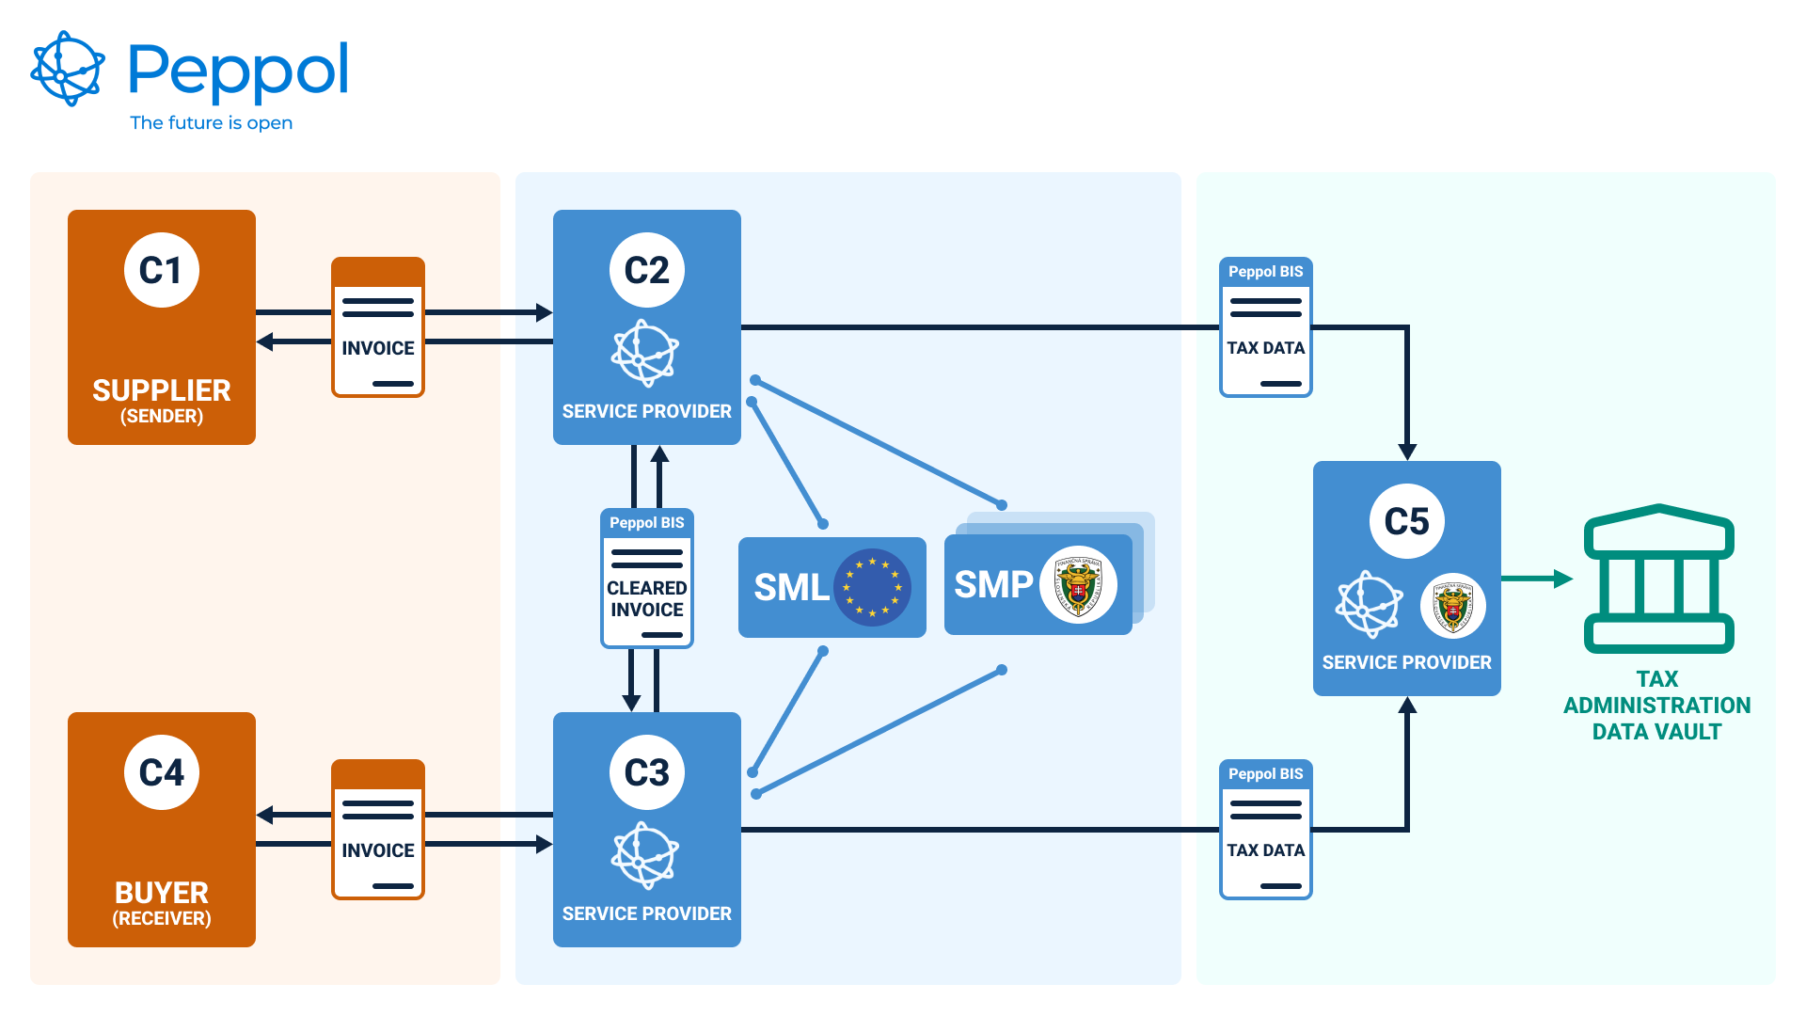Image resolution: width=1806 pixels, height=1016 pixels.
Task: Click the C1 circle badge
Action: [x=162, y=270]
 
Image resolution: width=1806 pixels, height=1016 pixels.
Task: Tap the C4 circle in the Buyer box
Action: [x=162, y=772]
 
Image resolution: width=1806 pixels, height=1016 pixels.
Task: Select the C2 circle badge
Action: [x=647, y=270]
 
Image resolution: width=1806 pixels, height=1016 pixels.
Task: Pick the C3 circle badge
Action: [x=647, y=772]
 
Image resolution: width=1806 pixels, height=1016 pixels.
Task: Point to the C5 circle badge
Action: [x=1407, y=521]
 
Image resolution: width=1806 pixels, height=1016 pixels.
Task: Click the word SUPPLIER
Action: [x=162, y=390]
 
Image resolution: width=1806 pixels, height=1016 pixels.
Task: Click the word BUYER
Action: [x=162, y=893]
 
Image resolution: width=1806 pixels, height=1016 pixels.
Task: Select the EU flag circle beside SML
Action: [x=872, y=587]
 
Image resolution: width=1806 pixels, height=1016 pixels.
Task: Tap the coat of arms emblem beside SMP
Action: [x=1078, y=585]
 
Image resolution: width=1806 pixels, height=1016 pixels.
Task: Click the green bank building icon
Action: [x=1659, y=579]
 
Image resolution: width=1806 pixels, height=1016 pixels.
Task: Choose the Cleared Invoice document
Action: [x=647, y=579]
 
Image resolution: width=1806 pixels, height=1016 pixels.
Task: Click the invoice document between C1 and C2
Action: [x=378, y=327]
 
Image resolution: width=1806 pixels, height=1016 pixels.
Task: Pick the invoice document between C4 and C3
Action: [x=378, y=830]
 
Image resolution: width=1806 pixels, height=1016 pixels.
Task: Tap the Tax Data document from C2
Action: [x=1266, y=327]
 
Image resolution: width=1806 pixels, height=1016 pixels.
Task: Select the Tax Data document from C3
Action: [x=1266, y=830]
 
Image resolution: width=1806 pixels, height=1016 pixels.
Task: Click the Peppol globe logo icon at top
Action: [x=68, y=69]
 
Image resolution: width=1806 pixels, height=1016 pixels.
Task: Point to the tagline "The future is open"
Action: [x=211, y=123]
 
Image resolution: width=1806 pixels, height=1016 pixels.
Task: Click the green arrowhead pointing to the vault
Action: [x=1563, y=579]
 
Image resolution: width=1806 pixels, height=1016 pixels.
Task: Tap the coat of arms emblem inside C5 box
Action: [x=1453, y=606]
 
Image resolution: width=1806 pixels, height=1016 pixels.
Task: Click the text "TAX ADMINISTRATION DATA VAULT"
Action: [x=1656, y=706]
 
